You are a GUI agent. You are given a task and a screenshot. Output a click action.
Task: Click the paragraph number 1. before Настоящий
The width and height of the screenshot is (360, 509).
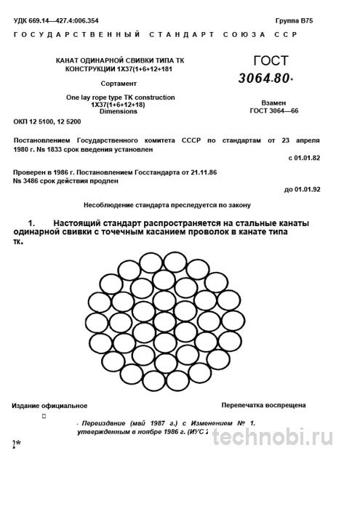click(x=31, y=220)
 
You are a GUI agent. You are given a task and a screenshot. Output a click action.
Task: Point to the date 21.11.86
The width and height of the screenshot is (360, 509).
click(x=199, y=171)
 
